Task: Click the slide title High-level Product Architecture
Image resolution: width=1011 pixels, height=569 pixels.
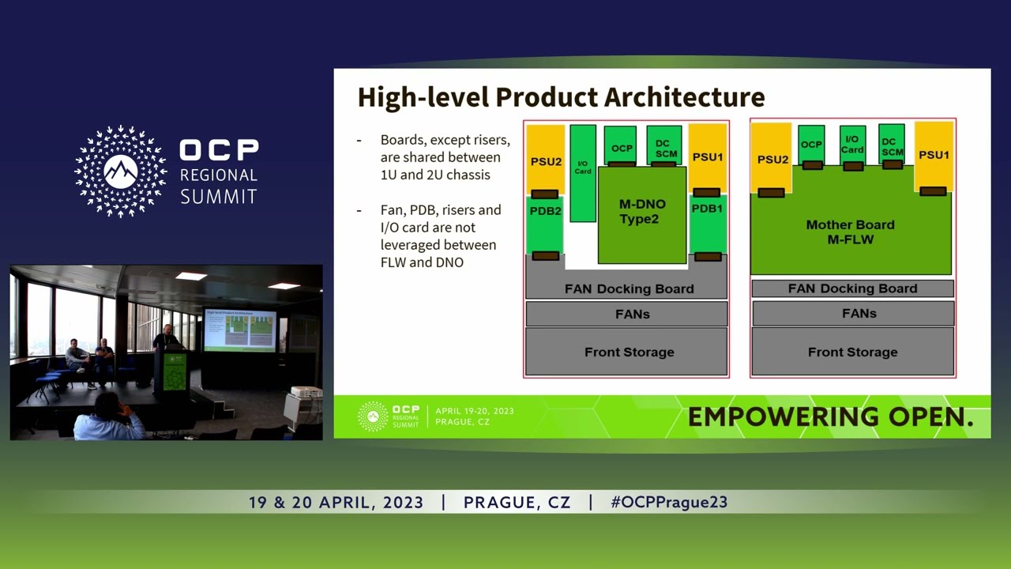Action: click(x=561, y=97)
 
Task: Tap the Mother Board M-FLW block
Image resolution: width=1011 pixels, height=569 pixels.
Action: click(x=851, y=232)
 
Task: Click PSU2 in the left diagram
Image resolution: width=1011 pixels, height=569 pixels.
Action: click(x=545, y=160)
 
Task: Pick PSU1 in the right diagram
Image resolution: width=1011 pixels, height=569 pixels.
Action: click(x=934, y=156)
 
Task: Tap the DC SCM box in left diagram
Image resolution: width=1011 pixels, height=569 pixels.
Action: click(x=663, y=146)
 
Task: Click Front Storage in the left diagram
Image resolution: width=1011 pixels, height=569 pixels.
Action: click(x=629, y=352)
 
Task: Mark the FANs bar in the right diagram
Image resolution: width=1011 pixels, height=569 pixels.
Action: click(x=853, y=314)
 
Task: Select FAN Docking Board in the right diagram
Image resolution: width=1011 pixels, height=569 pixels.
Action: click(x=853, y=288)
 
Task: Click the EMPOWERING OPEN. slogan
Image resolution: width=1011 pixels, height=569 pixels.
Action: click(x=830, y=417)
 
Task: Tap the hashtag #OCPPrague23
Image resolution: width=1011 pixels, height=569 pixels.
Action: click(x=669, y=503)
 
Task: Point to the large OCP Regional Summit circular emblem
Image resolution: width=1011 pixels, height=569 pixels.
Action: click(x=121, y=171)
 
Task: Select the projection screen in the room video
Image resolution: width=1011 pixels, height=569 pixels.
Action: click(x=240, y=330)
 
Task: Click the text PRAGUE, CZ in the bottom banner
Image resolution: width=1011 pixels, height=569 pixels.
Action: click(x=517, y=503)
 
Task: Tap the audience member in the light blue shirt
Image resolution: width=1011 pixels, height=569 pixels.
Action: click(x=108, y=419)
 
